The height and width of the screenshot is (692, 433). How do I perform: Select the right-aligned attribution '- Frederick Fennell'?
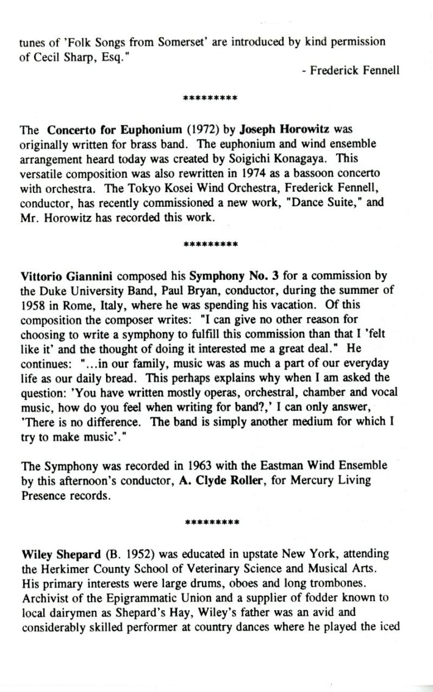pyautogui.click(x=351, y=70)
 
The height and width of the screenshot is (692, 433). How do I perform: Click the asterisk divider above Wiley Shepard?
pyautogui.click(x=210, y=523)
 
